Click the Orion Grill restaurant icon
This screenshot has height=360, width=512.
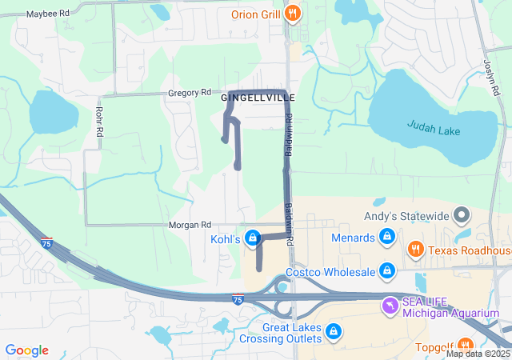(294, 14)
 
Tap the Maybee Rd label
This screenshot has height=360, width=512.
(48, 14)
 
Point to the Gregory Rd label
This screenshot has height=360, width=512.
(189, 93)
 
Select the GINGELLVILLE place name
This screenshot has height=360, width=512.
(258, 98)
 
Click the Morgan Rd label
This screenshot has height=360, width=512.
(190, 226)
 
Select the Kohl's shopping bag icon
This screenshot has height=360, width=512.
(254, 238)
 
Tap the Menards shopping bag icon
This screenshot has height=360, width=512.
(387, 238)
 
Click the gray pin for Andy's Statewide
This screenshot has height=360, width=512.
(461, 215)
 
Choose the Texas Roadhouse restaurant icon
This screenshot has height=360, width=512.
(414, 250)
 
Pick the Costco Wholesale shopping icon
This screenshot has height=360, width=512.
(387, 272)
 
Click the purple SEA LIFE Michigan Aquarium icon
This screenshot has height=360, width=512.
(390, 305)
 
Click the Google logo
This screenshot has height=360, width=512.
(26, 350)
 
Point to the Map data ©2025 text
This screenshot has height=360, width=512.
(478, 354)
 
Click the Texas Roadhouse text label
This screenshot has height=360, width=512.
(470, 250)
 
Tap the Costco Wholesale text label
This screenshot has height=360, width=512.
(330, 272)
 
